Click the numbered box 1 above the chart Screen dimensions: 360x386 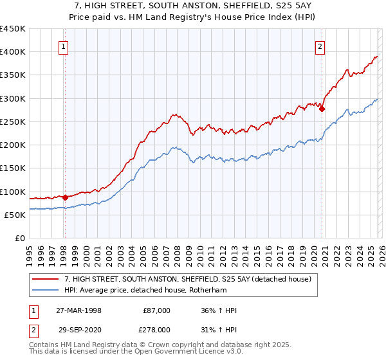[x=64, y=46]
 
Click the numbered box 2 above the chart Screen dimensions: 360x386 [x=320, y=46]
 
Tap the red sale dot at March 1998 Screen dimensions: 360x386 [x=65, y=198]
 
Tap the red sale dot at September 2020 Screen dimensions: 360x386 [x=322, y=109]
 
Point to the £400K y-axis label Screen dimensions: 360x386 [x=13, y=52]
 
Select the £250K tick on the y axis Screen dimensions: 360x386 [x=13, y=122]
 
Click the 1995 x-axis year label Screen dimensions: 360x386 [x=29, y=251]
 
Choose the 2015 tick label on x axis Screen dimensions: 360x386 [x=256, y=251]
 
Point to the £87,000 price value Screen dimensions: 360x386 [x=157, y=310]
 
